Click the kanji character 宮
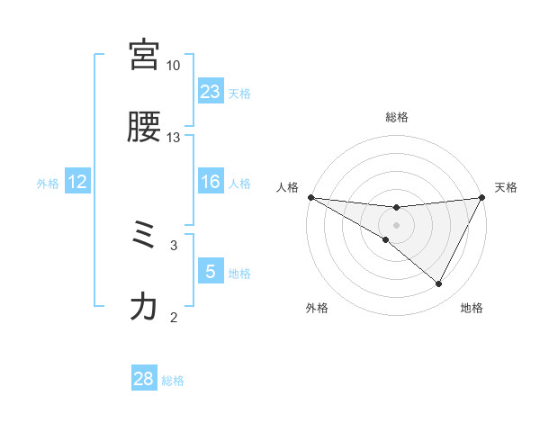pyautogui.click(x=144, y=56)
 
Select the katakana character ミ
pyautogui.click(x=144, y=236)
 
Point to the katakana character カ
pyautogui.click(x=144, y=307)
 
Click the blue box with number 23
pyautogui.click(x=211, y=92)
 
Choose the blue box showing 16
pyautogui.click(x=211, y=182)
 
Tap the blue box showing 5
pyautogui.click(x=211, y=272)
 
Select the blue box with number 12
pyautogui.click(x=77, y=182)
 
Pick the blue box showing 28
pyautogui.click(x=144, y=379)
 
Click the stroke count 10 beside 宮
pyautogui.click(x=173, y=66)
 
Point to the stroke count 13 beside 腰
pyautogui.click(x=173, y=137)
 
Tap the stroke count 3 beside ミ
pyautogui.click(x=174, y=244)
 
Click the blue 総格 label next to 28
pyautogui.click(x=173, y=381)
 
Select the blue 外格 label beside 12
pyautogui.click(x=48, y=184)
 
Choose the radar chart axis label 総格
pyautogui.click(x=397, y=117)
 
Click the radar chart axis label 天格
pyautogui.click(x=507, y=187)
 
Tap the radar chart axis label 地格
pyautogui.click(x=472, y=308)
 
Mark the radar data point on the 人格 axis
pyautogui.click(x=310, y=196)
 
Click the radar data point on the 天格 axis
pyautogui.click(x=482, y=197)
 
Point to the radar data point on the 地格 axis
pyautogui.click(x=438, y=284)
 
